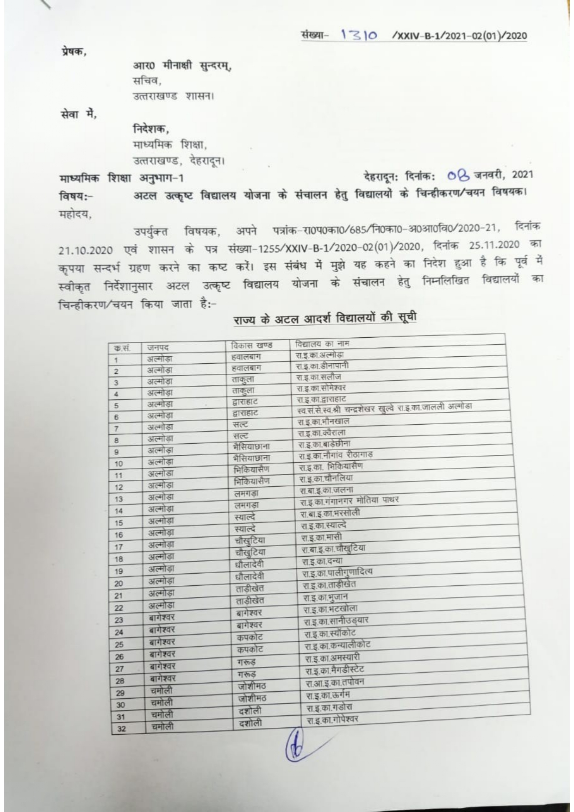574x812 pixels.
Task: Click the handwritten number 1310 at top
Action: (359, 36)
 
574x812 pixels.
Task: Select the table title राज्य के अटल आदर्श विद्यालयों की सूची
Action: (324, 319)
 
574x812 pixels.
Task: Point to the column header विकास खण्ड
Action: (251, 345)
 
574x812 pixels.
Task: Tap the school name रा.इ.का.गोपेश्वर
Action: (332, 720)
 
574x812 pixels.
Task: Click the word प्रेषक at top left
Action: (73, 51)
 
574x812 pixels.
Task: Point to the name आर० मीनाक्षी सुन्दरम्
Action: (182, 66)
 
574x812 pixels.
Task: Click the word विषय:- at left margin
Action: (76, 197)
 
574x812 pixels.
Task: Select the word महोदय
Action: (76, 215)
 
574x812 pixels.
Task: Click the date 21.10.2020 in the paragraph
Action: (86, 250)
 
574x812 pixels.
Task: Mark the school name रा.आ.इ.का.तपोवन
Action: (335, 683)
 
